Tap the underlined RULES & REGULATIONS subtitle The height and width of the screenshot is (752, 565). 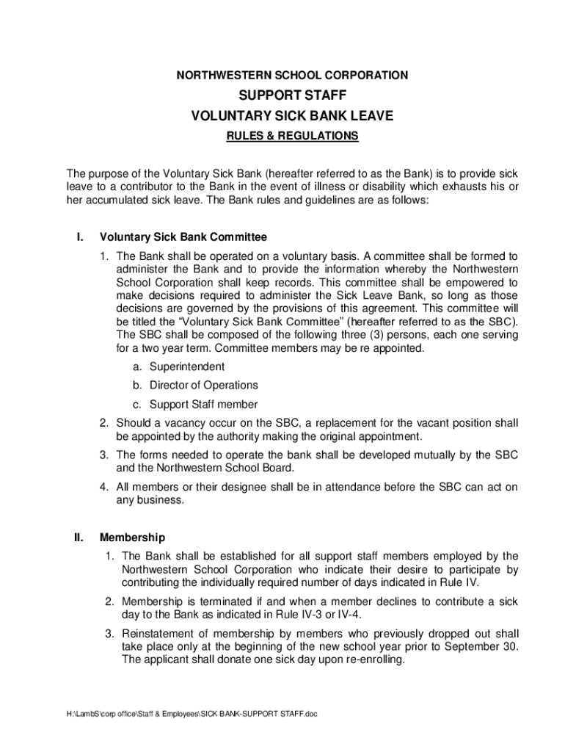pyautogui.click(x=292, y=136)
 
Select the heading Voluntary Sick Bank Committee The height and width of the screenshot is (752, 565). pyautogui.click(x=183, y=237)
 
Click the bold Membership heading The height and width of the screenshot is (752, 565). pyautogui.click(x=133, y=538)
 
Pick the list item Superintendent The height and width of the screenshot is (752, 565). pyautogui.click(x=187, y=366)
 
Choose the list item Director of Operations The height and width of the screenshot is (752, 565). pyautogui.click(x=204, y=386)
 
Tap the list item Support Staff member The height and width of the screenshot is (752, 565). pyautogui.click(x=203, y=404)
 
